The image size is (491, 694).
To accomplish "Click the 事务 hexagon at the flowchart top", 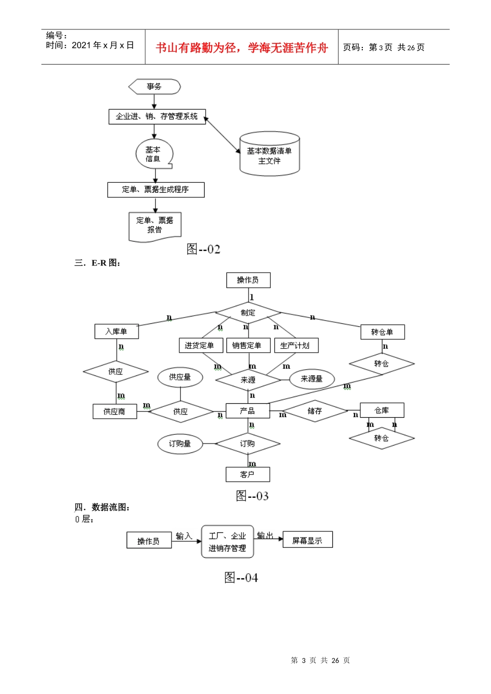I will pos(154,87).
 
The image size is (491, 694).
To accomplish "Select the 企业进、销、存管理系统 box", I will pos(157,117).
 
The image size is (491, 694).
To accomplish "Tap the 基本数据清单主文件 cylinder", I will pos(269,155).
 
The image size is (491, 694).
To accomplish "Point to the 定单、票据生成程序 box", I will pos(156,190).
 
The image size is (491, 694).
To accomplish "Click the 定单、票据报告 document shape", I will pos(155,226).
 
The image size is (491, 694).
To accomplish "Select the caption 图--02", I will pos(203,249).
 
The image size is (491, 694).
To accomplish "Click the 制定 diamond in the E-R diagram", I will pos(248,313).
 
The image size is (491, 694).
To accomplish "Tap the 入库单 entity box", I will pos(116,332).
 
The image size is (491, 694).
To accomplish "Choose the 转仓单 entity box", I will pos(382,332).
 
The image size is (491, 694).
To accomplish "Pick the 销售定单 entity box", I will pos(248,345).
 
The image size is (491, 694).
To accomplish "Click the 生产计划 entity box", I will pos(296,345).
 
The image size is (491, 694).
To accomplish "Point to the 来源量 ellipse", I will pos(312,379).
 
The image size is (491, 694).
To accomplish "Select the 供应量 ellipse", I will pos(180,377).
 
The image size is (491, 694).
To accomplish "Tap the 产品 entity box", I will pos(248,411).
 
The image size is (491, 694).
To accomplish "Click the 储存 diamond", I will pos(315,411).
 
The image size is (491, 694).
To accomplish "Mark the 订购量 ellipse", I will pos(180,444).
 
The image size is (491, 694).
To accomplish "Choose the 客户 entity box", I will pos(248,474).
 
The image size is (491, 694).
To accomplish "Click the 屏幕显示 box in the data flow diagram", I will pos(307,540).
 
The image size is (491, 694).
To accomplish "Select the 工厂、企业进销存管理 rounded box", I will pos(227,542).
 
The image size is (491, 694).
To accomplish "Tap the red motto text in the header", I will pos(242,48).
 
